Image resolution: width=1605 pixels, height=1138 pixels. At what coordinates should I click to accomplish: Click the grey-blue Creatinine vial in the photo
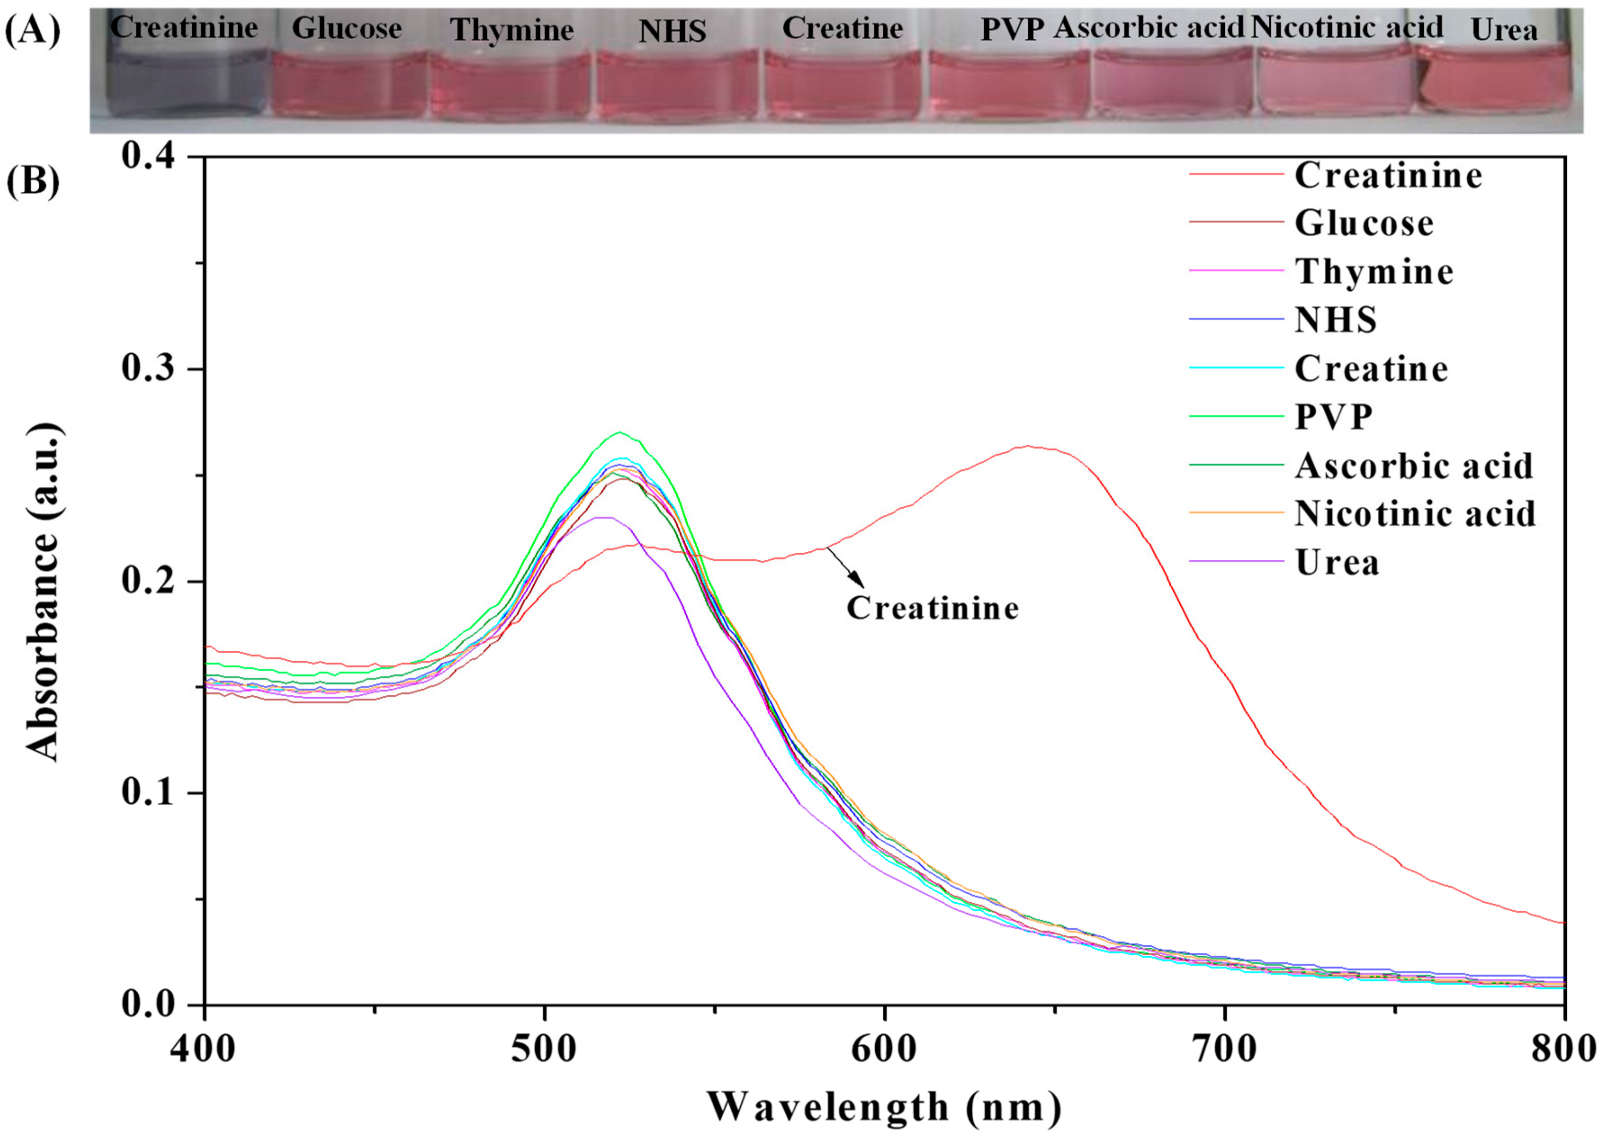tap(184, 83)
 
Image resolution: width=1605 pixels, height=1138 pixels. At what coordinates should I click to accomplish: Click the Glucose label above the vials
tap(346, 29)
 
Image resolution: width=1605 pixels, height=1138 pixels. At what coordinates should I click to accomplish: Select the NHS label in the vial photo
tap(671, 31)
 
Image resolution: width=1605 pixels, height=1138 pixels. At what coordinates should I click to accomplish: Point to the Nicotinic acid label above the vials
tap(1346, 27)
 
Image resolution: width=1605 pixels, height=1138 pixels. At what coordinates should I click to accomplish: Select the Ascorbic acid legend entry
tap(1412, 465)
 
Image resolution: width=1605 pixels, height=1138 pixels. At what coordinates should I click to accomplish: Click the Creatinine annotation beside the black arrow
tap(932, 608)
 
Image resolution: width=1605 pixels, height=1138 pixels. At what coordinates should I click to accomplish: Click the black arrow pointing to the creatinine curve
tap(846, 567)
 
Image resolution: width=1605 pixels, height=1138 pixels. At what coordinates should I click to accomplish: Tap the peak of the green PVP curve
tap(619, 432)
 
